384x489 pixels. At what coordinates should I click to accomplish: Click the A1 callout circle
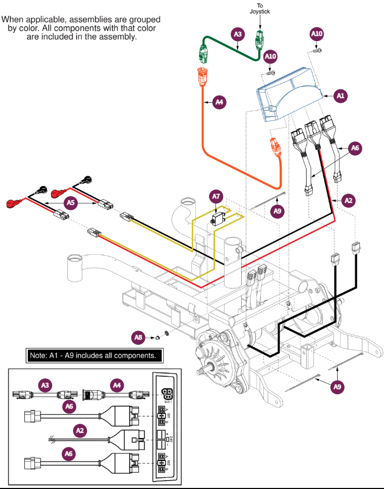pos(340,95)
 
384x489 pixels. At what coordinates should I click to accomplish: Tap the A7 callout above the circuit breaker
pos(215,197)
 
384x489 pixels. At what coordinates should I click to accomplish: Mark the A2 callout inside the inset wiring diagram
pos(80,431)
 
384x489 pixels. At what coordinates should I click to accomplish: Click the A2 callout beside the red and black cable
pos(348,200)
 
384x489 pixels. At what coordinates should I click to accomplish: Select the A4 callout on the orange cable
pos(219,102)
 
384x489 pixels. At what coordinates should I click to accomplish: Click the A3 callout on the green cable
pos(238,34)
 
